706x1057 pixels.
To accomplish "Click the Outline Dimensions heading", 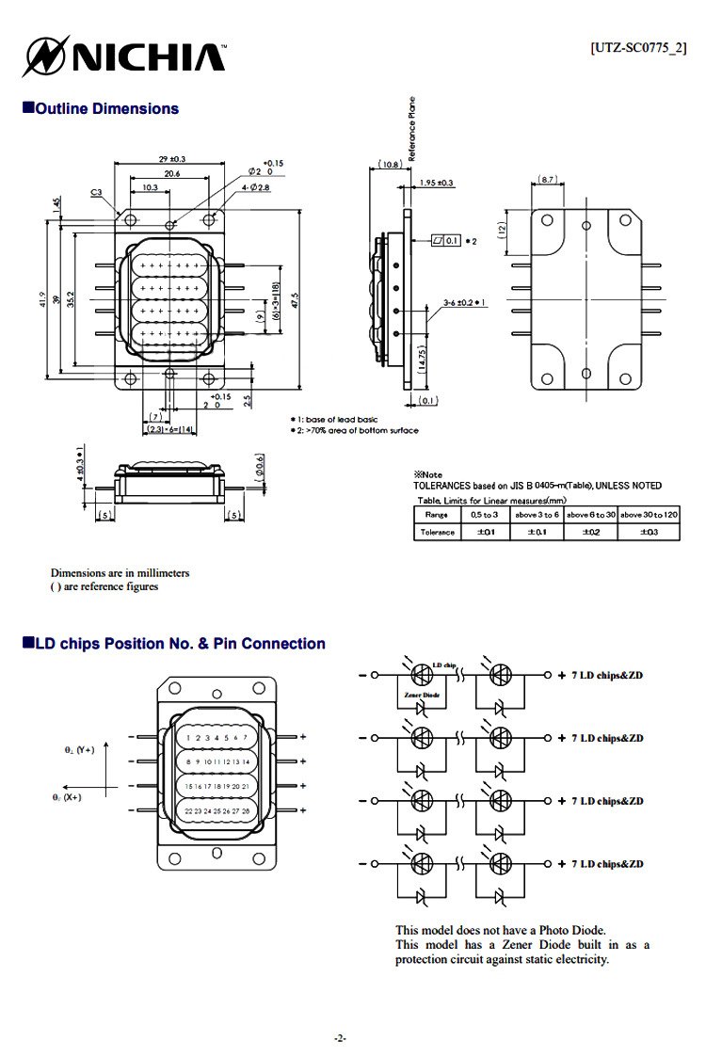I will point(101,109).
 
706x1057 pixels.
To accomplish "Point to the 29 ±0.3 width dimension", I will point(170,159).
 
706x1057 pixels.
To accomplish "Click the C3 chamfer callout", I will point(96,193).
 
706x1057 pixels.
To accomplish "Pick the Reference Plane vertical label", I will point(411,128).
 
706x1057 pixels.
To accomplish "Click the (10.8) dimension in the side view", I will point(390,165).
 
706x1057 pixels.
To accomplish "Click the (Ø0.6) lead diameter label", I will point(259,465).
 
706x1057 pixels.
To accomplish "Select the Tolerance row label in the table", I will point(437,533).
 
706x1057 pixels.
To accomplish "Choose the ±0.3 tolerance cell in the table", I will point(648,533).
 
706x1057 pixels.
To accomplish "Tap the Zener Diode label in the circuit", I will point(421,694).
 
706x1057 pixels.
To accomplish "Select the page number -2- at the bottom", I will point(341,1038).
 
